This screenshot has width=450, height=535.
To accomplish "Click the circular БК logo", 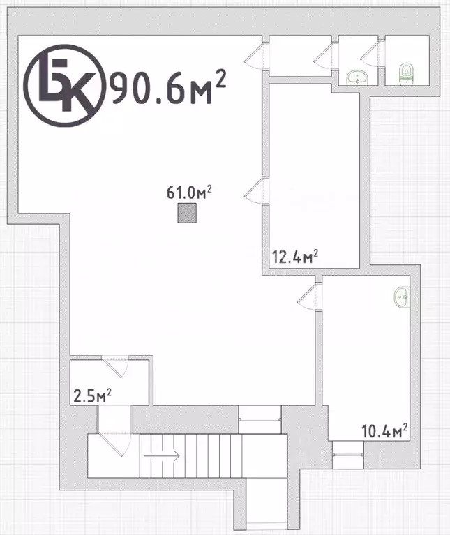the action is tap(63, 85).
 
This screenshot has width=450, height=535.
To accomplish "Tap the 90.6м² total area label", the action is tap(169, 87).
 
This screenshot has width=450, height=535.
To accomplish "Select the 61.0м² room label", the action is tap(189, 193).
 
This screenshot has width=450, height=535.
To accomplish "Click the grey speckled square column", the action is tap(187, 213).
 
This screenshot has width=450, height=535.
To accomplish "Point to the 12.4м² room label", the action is tap(295, 257).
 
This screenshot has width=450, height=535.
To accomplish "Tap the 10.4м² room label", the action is tap(384, 431).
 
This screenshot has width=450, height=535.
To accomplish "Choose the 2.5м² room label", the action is tap(93, 395).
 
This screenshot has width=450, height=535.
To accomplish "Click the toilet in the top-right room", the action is tap(405, 74).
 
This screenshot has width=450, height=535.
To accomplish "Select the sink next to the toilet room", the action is tap(357, 77).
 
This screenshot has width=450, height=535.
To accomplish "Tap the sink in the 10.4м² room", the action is tap(402, 297).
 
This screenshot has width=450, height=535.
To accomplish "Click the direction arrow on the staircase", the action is tap(162, 455).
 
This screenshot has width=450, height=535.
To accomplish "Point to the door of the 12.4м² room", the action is tap(257, 191).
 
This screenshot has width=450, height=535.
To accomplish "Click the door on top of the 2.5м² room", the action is tap(116, 367).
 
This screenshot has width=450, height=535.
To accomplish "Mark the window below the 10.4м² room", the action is tap(348, 455).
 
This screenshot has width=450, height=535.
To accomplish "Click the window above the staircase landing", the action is tap(260, 419).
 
